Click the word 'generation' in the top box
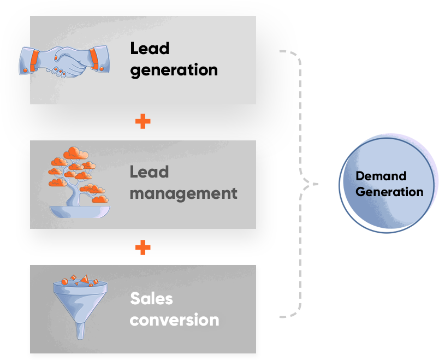point(174,70)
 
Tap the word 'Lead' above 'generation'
point(150,49)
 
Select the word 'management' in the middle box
point(183,193)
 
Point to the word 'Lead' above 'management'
point(149,172)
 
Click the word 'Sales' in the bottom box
point(151,298)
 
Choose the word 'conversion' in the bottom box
point(174,320)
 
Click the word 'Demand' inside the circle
point(381,176)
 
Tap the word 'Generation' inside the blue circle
point(389,192)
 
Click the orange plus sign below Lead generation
point(143,121)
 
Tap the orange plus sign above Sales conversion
point(143,247)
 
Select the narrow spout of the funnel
point(80,331)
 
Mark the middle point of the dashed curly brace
point(311,184)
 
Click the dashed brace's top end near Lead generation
point(282,51)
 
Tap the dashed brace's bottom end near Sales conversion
point(282,316)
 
